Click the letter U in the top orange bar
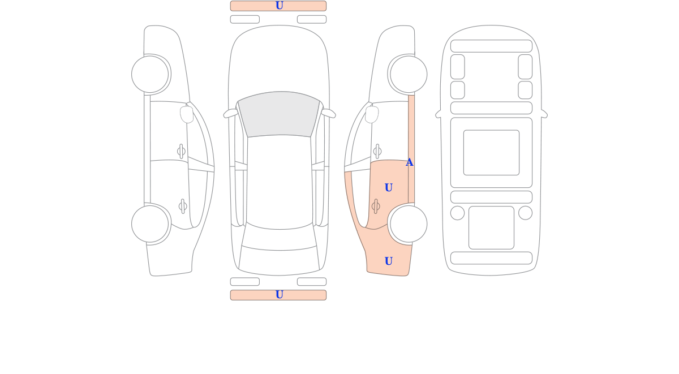[279, 6]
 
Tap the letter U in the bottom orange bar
[279, 295]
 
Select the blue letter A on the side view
[409, 162]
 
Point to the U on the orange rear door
[389, 188]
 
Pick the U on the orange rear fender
[389, 261]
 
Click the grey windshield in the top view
[279, 114]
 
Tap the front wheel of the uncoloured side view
[150, 74]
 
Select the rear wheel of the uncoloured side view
[150, 224]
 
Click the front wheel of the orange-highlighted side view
[409, 74]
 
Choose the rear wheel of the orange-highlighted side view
[409, 224]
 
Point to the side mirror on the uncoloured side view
[187, 114]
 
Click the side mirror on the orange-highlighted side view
[372, 114]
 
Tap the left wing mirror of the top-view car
[230, 113]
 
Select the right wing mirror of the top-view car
[328, 113]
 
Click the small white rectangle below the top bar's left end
[245, 19]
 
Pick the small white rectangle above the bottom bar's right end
[312, 282]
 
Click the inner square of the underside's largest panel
[491, 153]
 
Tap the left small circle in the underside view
[457, 213]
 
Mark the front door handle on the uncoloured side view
[181, 151]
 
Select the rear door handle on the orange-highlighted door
[376, 207]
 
